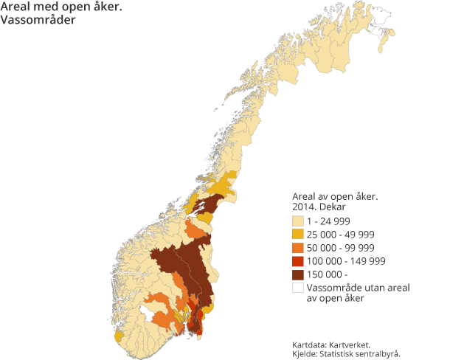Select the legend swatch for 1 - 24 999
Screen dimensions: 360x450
point(298,221)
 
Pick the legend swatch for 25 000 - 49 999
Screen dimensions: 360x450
point(298,234)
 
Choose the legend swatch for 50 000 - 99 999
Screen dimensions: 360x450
point(298,247)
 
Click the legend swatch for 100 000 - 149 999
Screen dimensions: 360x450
point(298,260)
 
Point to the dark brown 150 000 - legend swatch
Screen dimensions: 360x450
point(298,274)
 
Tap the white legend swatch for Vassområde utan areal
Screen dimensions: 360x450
point(298,287)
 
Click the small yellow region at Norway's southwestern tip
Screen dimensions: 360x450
point(119,336)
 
